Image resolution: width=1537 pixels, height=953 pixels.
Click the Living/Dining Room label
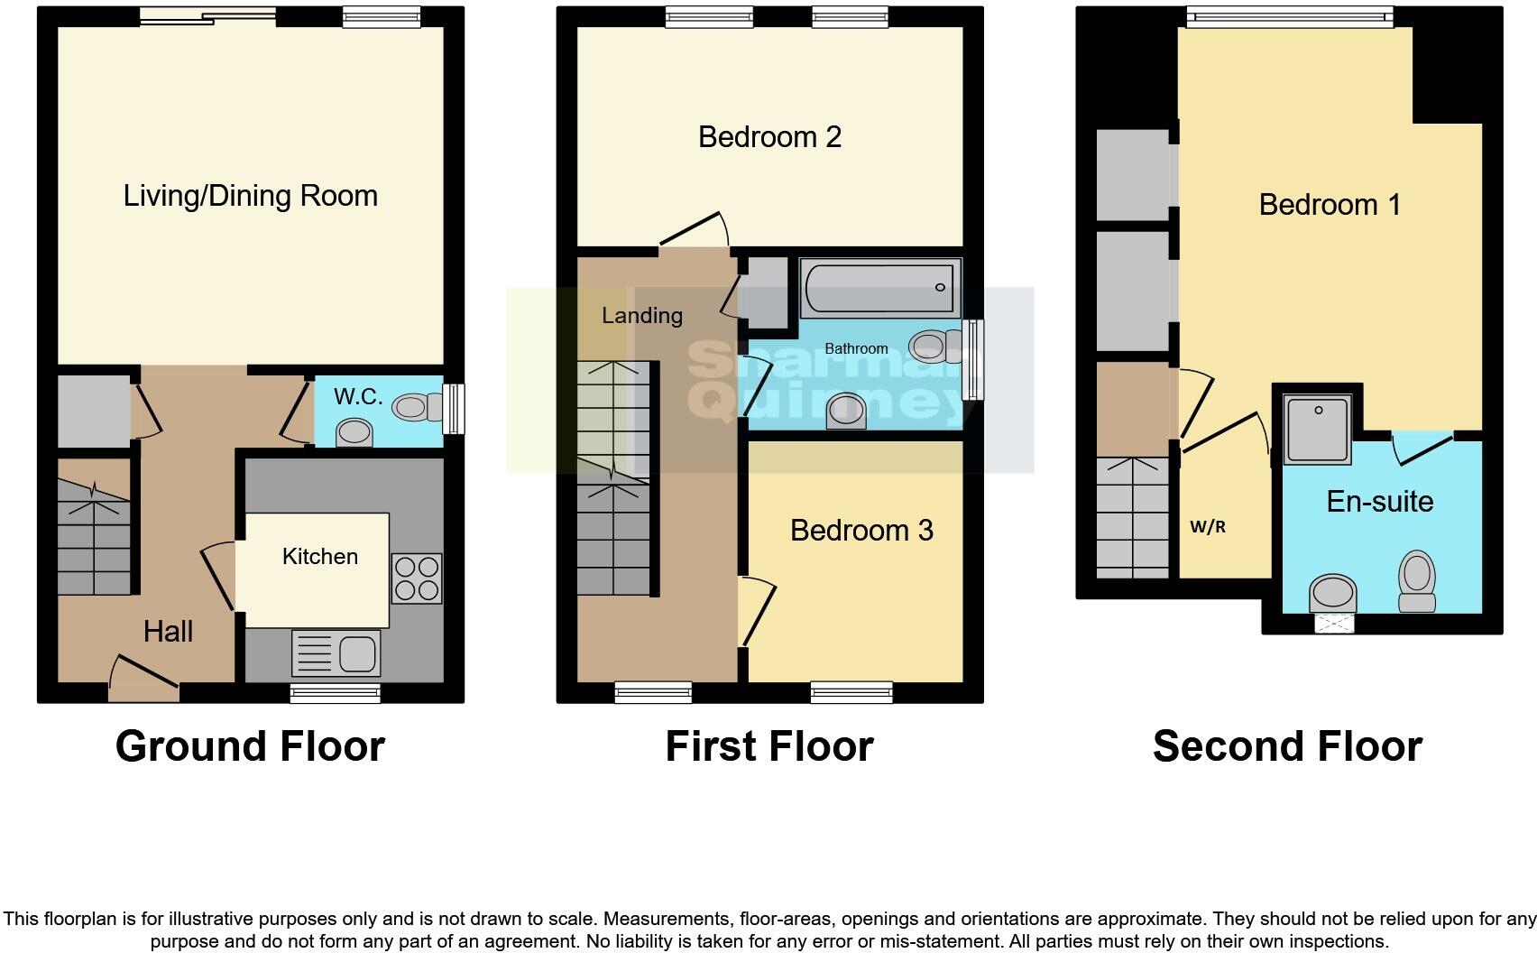point(250,196)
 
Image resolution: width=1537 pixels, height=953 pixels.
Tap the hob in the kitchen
point(417,578)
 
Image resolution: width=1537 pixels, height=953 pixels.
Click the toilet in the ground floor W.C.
point(419,407)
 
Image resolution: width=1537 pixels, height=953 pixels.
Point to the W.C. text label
point(358,396)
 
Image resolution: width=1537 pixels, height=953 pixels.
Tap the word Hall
point(168,632)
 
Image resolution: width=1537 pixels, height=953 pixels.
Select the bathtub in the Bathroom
point(879,288)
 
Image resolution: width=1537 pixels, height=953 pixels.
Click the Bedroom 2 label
point(769,137)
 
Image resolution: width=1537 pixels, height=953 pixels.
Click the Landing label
point(642,316)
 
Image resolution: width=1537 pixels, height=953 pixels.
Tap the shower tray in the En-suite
point(1318,429)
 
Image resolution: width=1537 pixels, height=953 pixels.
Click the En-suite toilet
point(1416,582)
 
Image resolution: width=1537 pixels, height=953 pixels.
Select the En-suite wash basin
point(1333,593)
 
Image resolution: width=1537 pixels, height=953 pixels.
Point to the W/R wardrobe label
point(1208,527)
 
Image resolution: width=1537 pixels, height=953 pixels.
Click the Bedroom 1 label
point(1330,205)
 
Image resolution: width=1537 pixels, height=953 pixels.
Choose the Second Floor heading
point(1287,746)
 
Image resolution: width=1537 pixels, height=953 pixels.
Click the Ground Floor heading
point(250,746)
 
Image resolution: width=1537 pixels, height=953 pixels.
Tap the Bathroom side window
point(972,360)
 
